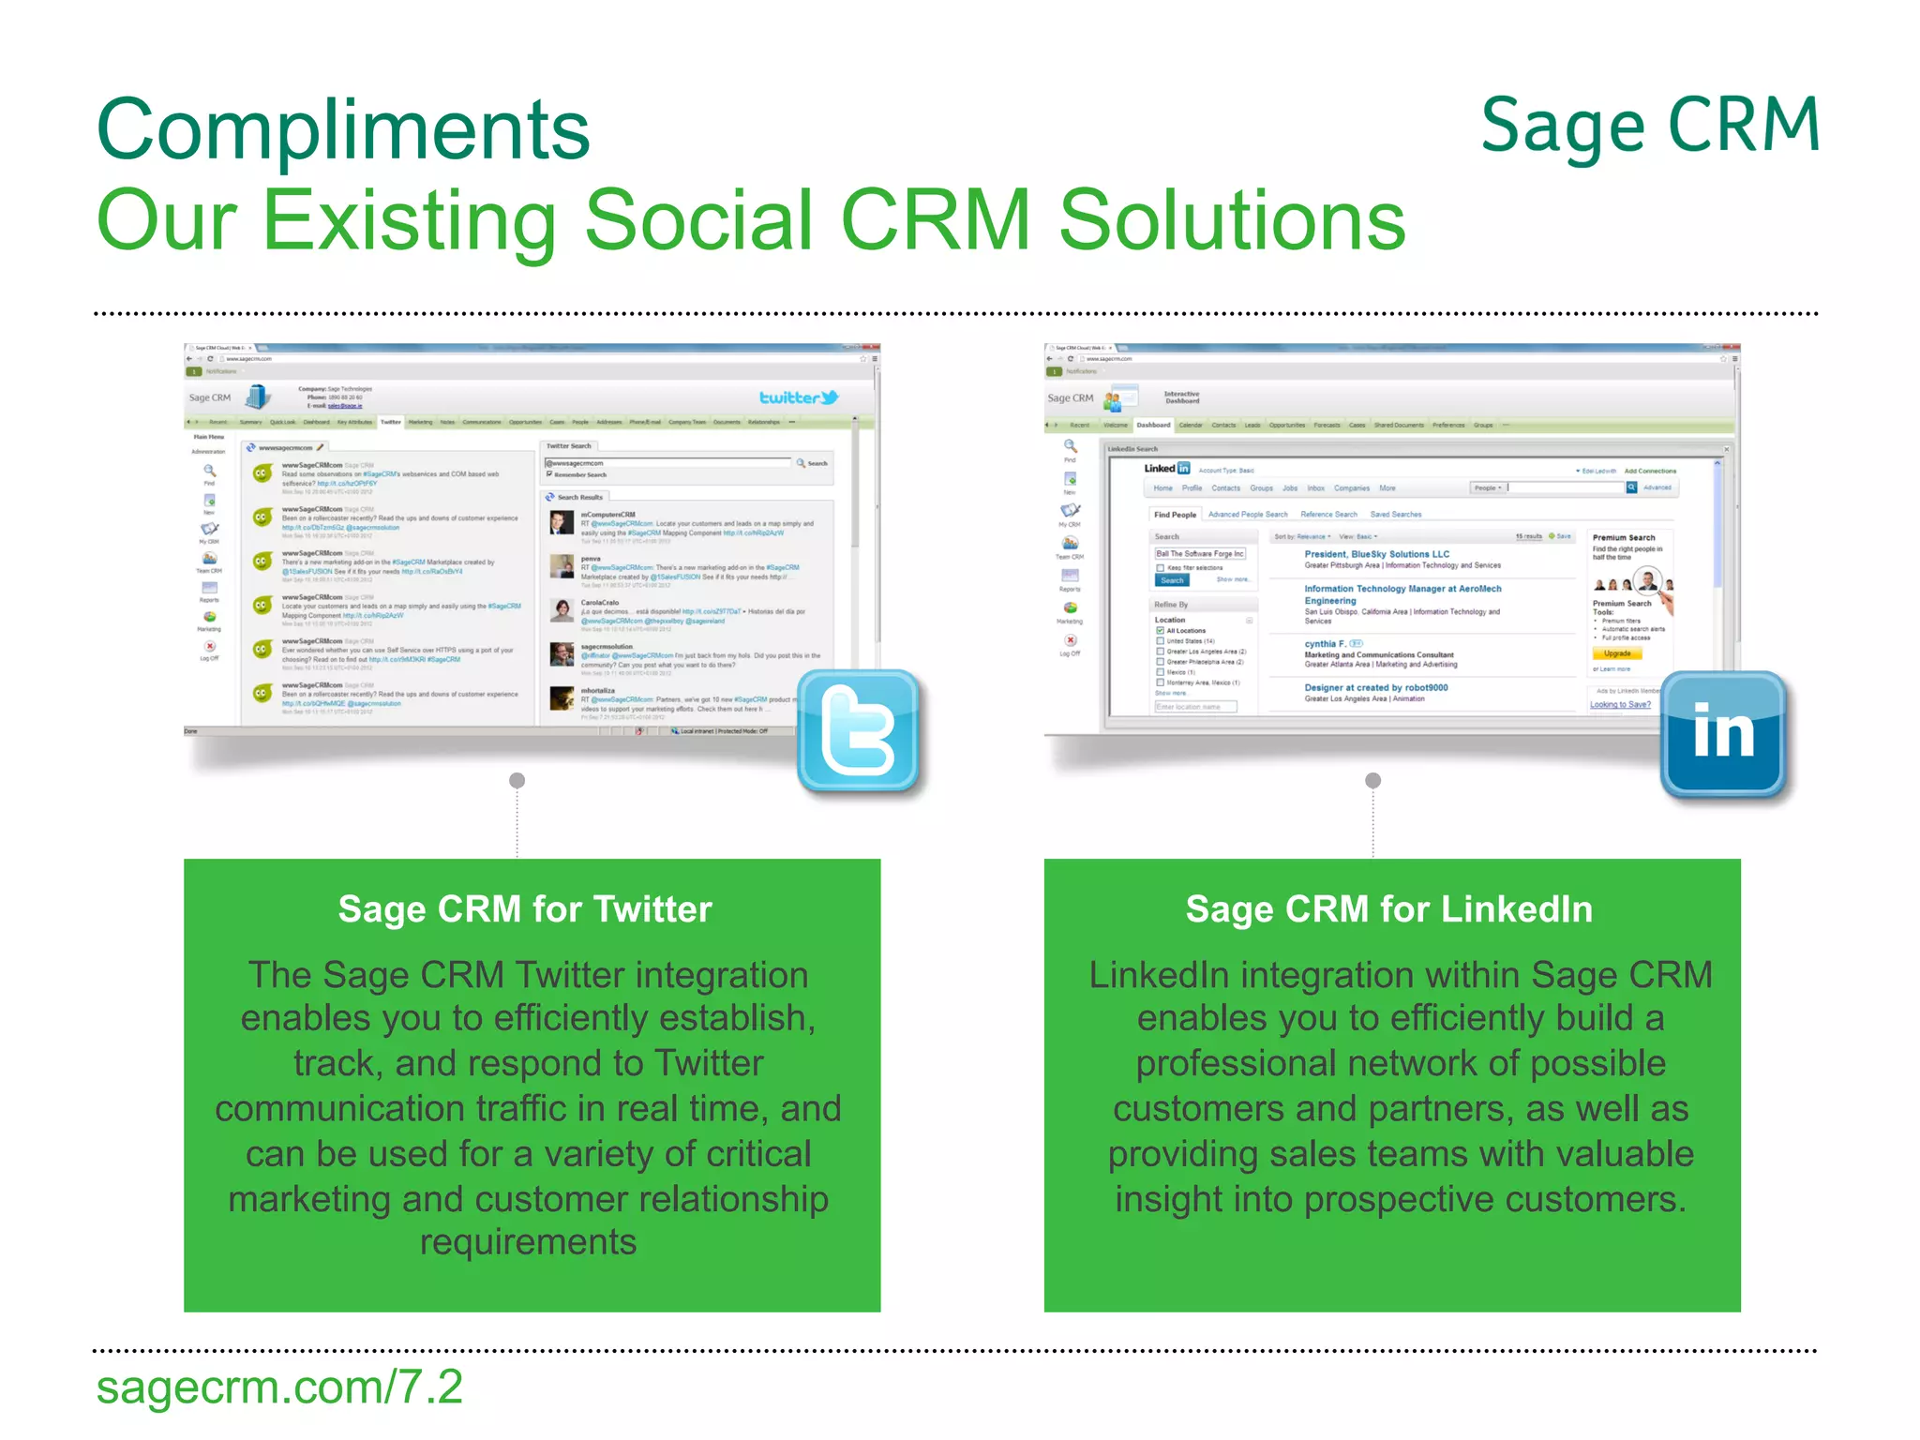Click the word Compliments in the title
pos(343,130)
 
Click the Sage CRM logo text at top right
pos(1650,126)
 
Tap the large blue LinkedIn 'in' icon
pos(1723,732)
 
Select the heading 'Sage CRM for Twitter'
pos(525,909)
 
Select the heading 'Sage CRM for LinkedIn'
pos(1388,909)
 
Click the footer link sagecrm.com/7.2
pos(279,1387)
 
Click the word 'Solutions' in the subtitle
pos(1232,220)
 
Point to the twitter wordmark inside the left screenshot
pos(798,397)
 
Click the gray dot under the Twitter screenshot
pos(517,780)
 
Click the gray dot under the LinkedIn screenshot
pos(1372,780)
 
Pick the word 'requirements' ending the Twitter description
pos(528,1242)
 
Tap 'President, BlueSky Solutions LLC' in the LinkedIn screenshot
pos(1376,554)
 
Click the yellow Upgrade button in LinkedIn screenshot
pos(1617,653)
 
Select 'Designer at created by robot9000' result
pos(1375,687)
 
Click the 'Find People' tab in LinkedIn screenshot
pos(1175,515)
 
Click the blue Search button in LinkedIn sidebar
pos(1172,580)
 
